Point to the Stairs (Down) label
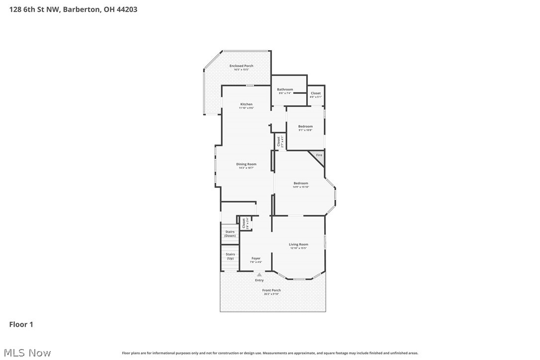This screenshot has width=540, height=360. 230,233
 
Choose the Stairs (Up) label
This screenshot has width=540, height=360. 230,256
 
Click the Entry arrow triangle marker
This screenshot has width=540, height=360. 259,274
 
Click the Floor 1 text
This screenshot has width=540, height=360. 21,325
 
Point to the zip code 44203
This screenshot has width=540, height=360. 126,9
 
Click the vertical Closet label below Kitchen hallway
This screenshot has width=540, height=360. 279,141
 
